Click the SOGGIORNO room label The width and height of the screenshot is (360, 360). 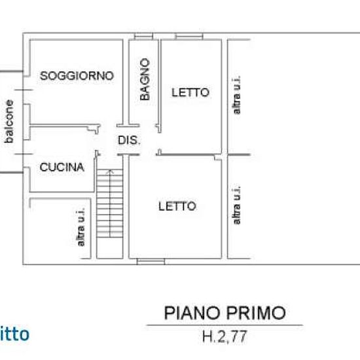pos(77,76)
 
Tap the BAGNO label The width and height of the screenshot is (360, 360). pos(145,80)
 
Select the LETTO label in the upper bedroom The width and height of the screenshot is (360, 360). pos(190,93)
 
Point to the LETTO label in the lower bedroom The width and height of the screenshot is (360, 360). pos(177,206)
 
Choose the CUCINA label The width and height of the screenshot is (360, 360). pos(62,167)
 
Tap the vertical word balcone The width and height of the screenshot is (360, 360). pos(9,120)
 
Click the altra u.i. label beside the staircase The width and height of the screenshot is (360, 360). pos(81,228)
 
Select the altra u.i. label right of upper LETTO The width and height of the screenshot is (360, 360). pos(237,96)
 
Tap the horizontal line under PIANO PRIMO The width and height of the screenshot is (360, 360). pos(223,325)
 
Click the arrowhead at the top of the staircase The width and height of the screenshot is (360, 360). pos(110,172)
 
